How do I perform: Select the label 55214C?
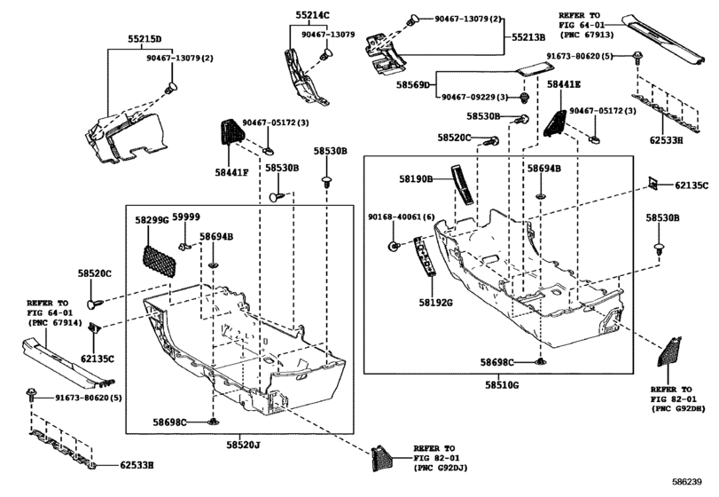coord(312,15)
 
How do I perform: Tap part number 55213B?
coord(528,38)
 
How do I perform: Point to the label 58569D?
coord(438,84)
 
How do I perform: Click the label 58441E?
coord(564,83)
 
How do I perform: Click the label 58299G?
coord(152,219)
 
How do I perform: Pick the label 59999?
coord(186,217)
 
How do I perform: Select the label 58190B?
coord(414,179)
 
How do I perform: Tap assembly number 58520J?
coord(244,444)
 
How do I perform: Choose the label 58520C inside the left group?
coord(93,275)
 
